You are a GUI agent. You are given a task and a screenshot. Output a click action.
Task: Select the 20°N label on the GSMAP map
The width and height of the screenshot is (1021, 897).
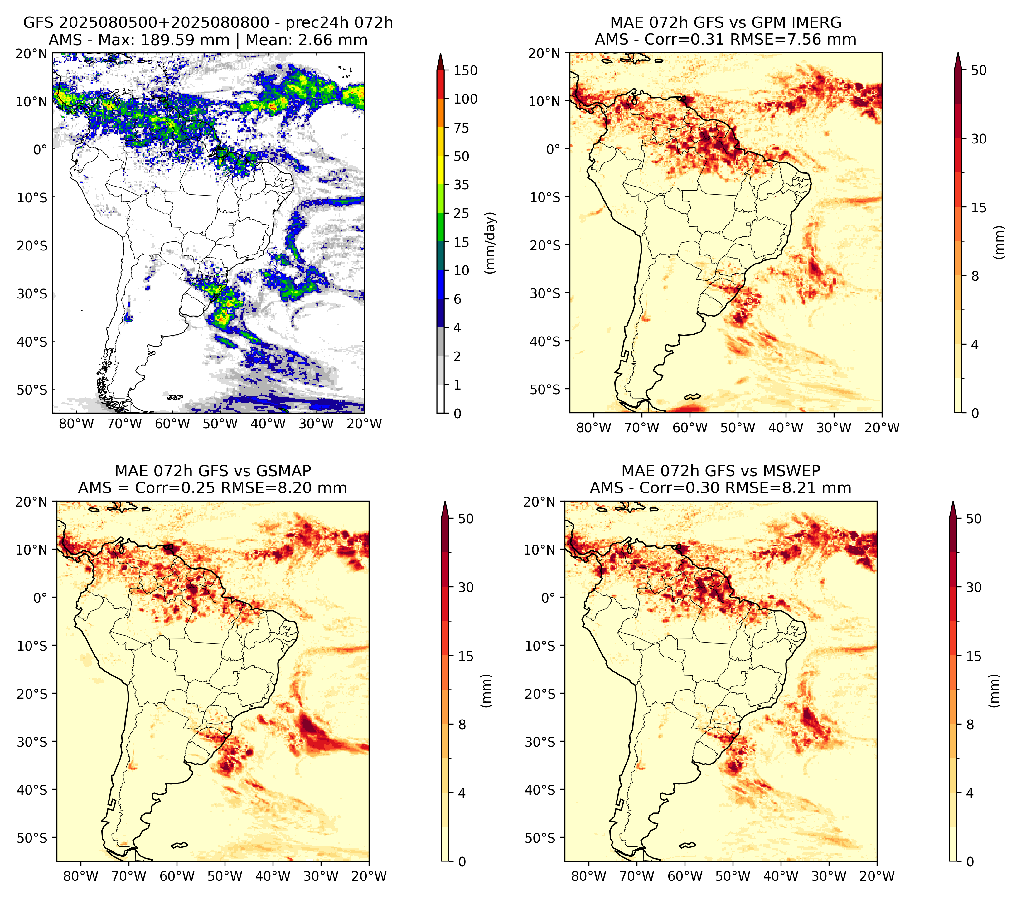coord(32,502)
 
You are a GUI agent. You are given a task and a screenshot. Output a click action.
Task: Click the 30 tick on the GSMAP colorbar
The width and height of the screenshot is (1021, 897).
coord(466,587)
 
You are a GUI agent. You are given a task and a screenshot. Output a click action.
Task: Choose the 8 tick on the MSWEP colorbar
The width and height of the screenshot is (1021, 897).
coord(970,725)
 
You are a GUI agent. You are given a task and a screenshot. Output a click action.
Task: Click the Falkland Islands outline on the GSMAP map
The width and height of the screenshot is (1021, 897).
coord(179,845)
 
